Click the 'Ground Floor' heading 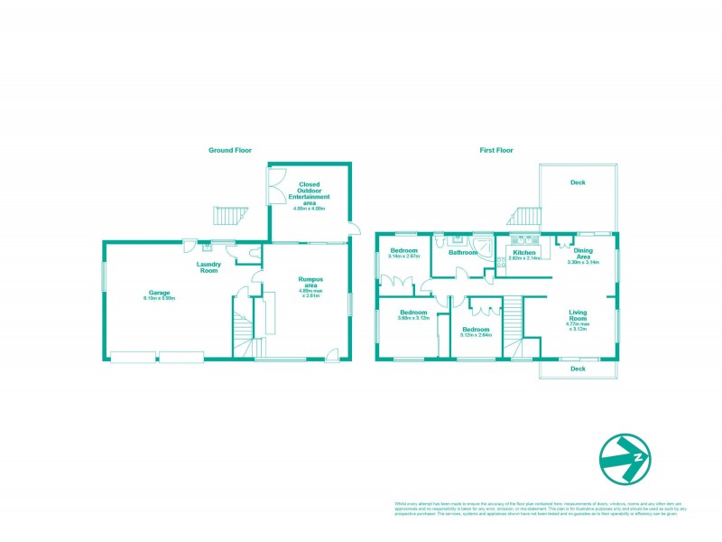[230, 150]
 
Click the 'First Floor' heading [495, 150]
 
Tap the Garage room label [160, 294]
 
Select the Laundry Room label [209, 267]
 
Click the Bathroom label [463, 253]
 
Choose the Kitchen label [524, 253]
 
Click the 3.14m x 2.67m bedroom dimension [403, 257]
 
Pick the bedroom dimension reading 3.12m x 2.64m [476, 334]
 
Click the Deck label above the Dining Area [578, 182]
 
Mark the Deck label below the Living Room [578, 369]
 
